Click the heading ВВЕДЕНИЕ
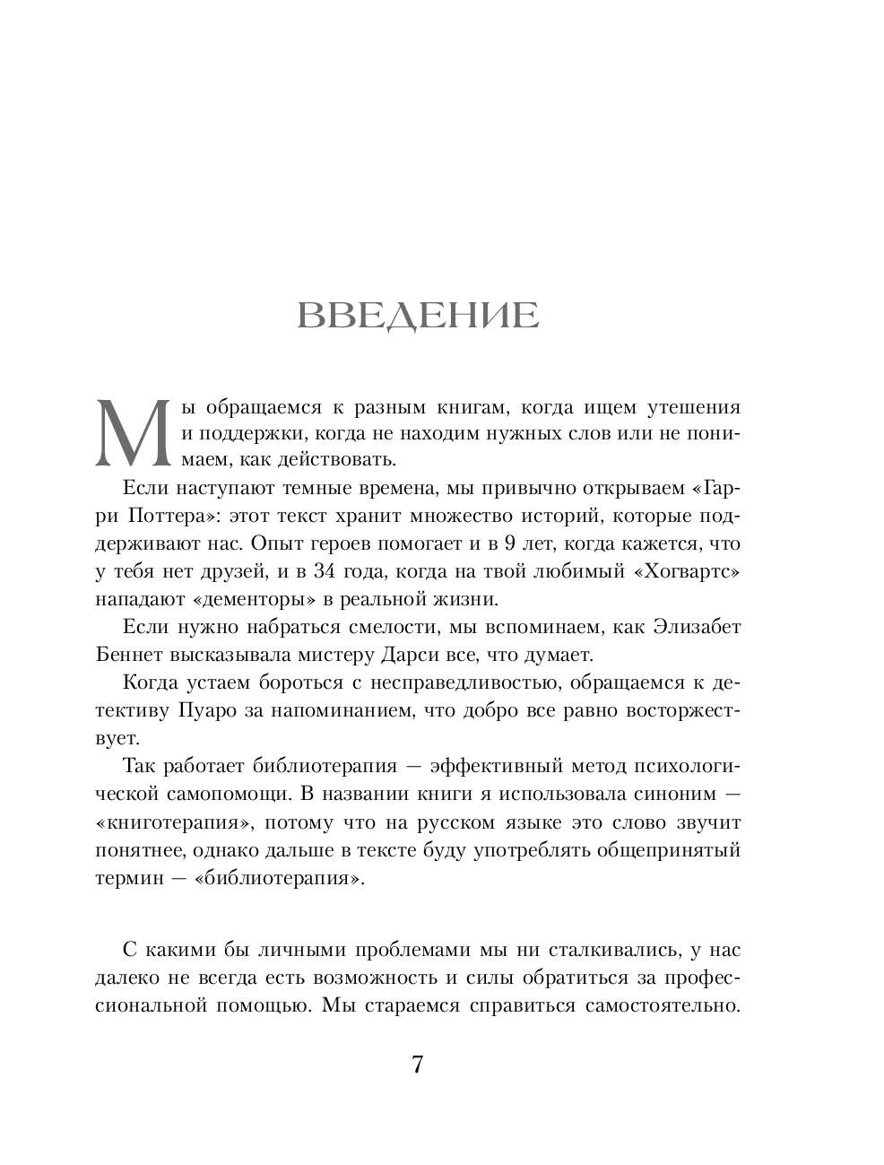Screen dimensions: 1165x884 (x=417, y=317)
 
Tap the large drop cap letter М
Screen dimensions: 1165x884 (x=132, y=432)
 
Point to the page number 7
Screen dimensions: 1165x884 (x=417, y=1065)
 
